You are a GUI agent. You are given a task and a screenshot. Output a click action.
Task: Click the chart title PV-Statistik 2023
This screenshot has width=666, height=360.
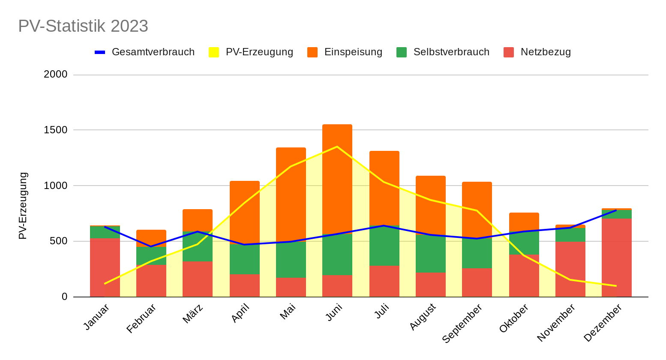(83, 26)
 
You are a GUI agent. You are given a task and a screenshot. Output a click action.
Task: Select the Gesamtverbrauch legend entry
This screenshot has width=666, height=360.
(145, 52)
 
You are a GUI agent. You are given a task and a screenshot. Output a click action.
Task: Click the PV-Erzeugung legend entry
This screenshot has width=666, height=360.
(251, 52)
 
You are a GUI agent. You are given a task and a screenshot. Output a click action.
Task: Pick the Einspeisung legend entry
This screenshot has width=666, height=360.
(345, 52)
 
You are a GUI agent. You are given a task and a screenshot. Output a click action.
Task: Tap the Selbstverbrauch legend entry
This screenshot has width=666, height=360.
(443, 52)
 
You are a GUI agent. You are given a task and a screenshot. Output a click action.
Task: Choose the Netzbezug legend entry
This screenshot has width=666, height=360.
(537, 52)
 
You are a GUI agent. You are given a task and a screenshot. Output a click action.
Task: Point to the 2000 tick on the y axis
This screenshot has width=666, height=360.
(56, 75)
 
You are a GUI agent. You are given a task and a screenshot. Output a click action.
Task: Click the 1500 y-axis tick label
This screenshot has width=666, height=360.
(56, 130)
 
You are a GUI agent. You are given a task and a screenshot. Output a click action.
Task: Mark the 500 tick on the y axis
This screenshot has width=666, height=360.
(59, 241)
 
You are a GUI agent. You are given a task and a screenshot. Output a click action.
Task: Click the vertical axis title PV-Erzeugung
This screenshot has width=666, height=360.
(23, 206)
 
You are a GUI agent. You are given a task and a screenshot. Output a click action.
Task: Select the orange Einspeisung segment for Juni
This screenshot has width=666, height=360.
(337, 180)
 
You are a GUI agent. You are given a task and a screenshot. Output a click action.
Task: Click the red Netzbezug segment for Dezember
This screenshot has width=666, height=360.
(616, 257)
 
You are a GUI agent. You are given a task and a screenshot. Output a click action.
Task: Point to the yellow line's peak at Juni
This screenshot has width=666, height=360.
(337, 147)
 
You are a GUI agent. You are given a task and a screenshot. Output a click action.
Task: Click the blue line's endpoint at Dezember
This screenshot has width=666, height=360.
(616, 210)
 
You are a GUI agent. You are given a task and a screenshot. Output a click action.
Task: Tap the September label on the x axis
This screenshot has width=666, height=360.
(463, 323)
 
